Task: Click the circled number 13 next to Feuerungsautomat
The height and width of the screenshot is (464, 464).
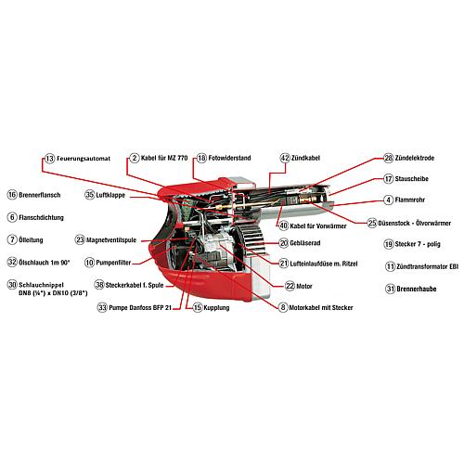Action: pyautogui.click(x=49, y=159)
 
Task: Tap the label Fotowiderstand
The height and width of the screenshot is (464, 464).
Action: pyautogui.click(x=229, y=158)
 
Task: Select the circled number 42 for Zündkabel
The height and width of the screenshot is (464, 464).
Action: pyautogui.click(x=285, y=158)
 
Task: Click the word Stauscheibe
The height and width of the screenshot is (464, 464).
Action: pyautogui.click(x=411, y=179)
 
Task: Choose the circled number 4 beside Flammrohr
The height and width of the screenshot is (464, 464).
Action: pyautogui.click(x=389, y=200)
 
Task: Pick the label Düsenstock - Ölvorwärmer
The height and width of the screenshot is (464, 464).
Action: pyautogui.click(x=415, y=223)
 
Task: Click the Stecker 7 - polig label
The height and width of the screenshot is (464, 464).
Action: pyautogui.click(x=418, y=244)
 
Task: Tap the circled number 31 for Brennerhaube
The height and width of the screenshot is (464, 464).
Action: pyautogui.click(x=390, y=289)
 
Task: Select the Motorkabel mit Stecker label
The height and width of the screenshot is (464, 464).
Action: pyautogui.click(x=321, y=308)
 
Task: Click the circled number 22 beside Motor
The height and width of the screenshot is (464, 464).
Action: pyautogui.click(x=290, y=286)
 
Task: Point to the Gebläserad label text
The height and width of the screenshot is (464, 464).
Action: pyautogui.click(x=305, y=243)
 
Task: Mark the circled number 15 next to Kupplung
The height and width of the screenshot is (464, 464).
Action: pyautogui.click(x=198, y=307)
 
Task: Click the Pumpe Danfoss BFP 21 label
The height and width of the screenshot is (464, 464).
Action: pyautogui.click(x=140, y=308)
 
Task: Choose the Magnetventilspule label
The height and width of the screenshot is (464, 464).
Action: pyautogui.click(x=111, y=240)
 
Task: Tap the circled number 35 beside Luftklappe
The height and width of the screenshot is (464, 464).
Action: pyautogui.click(x=89, y=195)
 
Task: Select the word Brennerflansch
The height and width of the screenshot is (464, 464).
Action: pyautogui.click(x=40, y=195)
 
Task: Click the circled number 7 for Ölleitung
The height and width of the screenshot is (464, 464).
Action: pyautogui.click(x=12, y=239)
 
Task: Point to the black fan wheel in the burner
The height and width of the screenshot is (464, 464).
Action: pyautogui.click(x=248, y=238)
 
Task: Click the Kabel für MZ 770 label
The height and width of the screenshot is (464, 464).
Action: pyautogui.click(x=164, y=158)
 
